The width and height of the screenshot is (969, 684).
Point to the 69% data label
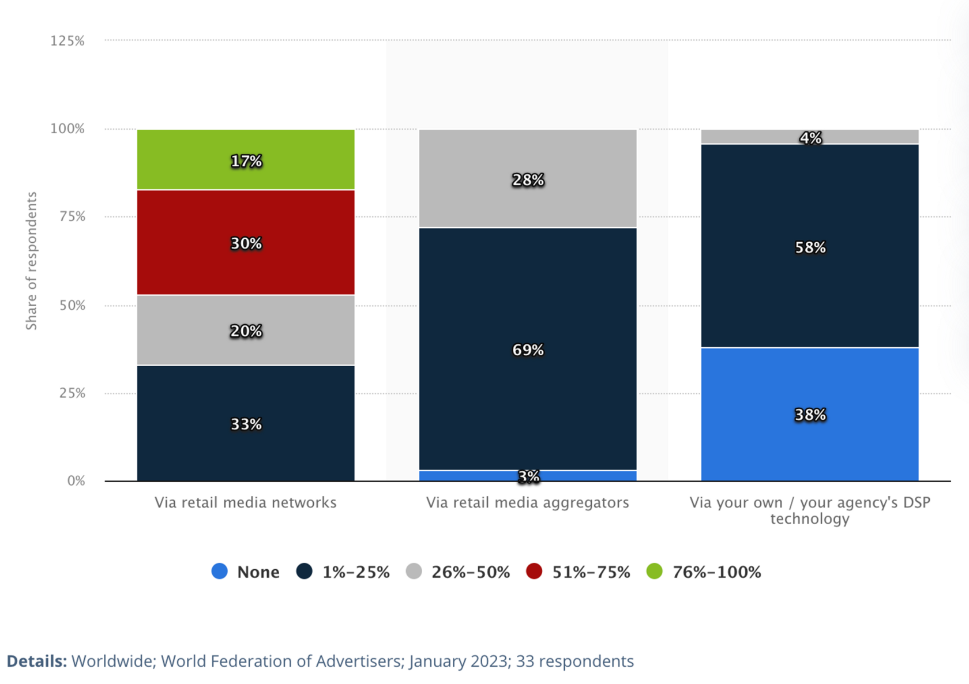tap(528, 350)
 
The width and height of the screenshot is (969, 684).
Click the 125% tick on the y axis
tap(67, 41)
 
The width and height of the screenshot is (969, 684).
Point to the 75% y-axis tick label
tap(72, 217)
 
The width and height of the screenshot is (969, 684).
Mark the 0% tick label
tap(76, 481)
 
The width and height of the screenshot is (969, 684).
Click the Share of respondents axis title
tap(31, 261)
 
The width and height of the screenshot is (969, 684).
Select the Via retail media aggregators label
tap(527, 502)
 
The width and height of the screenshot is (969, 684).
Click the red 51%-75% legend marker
tap(534, 572)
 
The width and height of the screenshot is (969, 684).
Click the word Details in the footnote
tap(36, 661)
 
